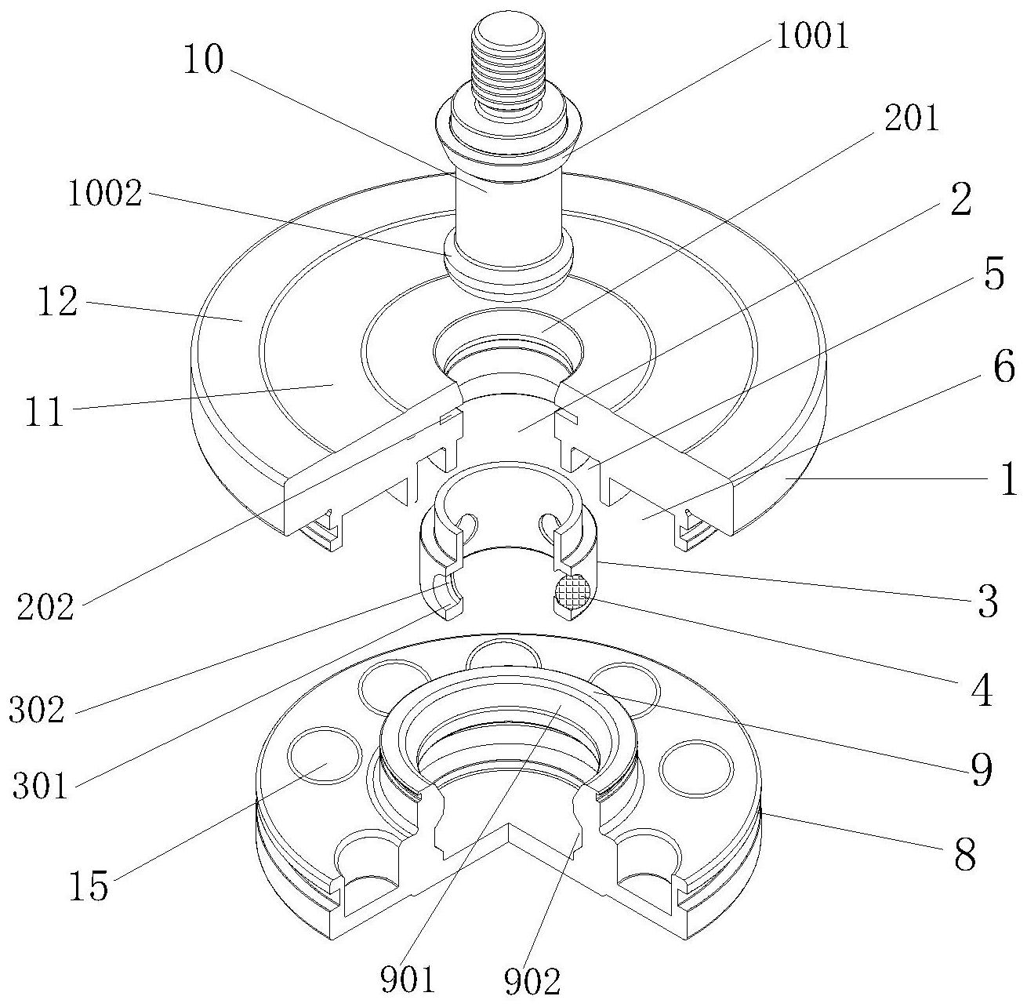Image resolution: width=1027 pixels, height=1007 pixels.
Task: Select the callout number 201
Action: click(x=911, y=118)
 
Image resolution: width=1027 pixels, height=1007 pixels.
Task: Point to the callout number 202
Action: click(x=45, y=608)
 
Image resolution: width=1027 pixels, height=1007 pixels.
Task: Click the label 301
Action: click(x=41, y=786)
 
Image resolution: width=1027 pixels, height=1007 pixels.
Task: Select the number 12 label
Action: click(x=57, y=301)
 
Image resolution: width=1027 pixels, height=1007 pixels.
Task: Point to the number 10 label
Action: click(x=203, y=59)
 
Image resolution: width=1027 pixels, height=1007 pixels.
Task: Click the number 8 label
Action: click(x=965, y=854)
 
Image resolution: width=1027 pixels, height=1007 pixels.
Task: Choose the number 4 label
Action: click(x=982, y=690)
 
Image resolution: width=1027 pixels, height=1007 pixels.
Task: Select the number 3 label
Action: click(x=988, y=602)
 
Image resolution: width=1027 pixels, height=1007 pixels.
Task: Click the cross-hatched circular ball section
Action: click(x=572, y=591)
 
